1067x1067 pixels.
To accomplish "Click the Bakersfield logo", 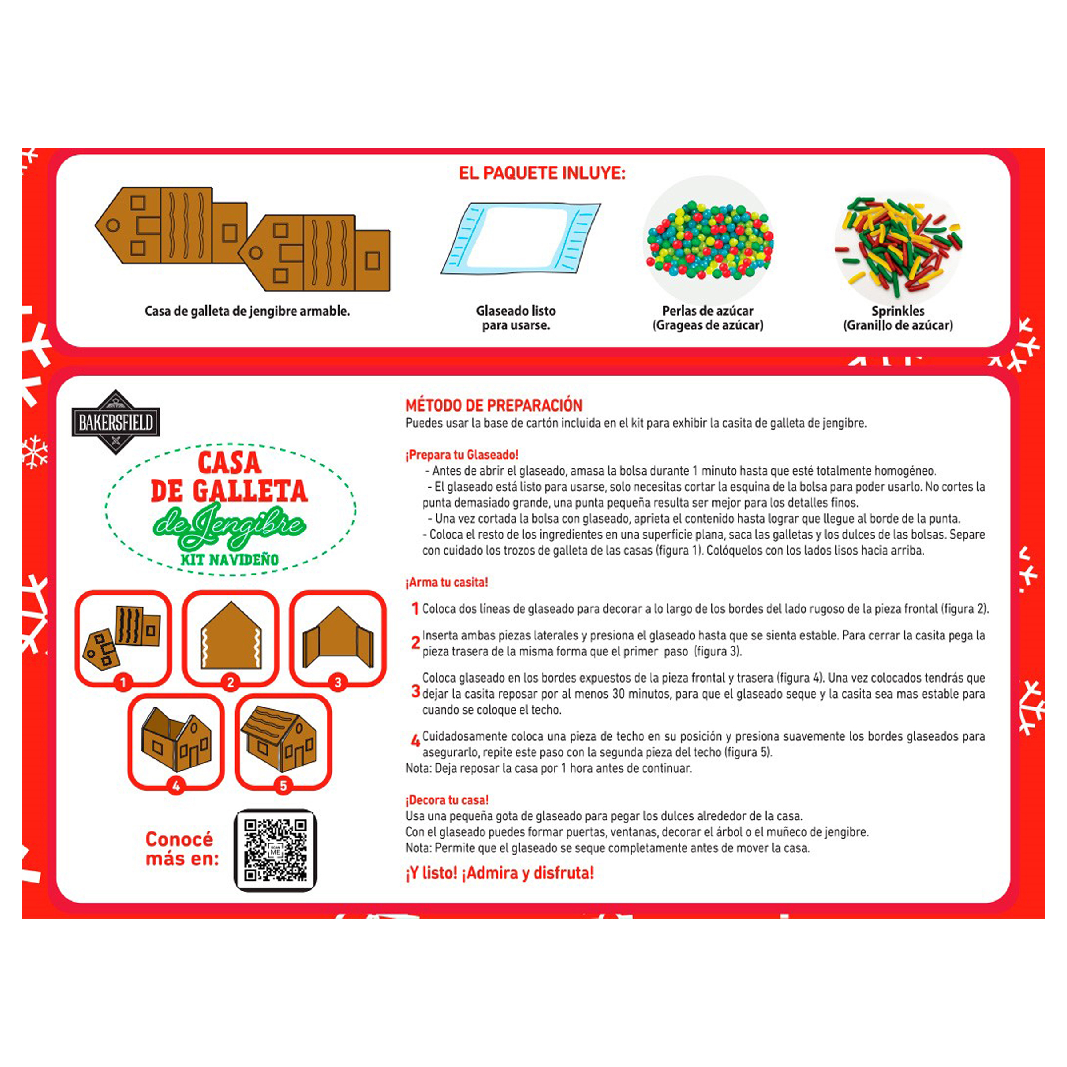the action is point(116,422).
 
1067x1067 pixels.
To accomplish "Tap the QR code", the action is point(275,851).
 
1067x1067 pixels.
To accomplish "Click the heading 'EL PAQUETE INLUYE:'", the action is point(542,173).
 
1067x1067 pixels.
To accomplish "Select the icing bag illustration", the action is point(520,239).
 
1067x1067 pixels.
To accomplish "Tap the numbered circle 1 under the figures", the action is point(123,683).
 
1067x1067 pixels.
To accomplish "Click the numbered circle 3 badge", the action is point(338,683).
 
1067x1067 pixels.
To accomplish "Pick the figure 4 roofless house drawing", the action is point(176,740).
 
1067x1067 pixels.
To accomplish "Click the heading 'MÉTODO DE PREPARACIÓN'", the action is point(494,405).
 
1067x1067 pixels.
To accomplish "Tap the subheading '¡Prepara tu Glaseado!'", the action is point(462,455).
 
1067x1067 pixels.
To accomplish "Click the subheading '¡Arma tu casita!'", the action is point(447,582).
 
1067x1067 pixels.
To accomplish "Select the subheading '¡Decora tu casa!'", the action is point(447,800).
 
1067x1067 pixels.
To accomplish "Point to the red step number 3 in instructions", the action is point(416,691).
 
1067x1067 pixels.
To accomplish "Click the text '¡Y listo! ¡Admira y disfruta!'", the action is point(500,873).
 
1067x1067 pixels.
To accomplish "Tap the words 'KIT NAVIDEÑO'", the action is point(230,559).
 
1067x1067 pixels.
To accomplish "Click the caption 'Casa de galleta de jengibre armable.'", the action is point(248,311).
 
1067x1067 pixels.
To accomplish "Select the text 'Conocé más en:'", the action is point(181,849).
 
